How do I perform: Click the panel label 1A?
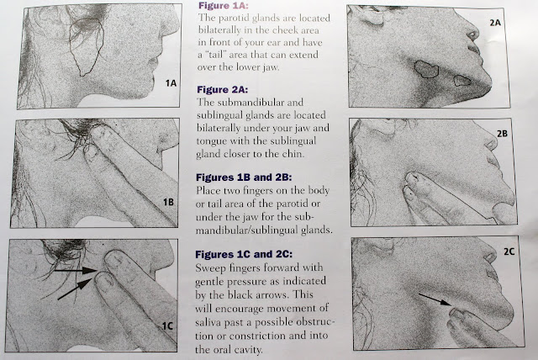coord(171,83)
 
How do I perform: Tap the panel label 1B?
coord(168,202)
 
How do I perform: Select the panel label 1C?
coord(167,326)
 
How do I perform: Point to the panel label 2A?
coord(495,23)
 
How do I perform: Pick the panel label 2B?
coord(503,134)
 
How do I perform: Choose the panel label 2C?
coord(509,251)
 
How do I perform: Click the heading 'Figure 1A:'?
coord(224,6)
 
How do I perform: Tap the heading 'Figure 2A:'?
coord(222,89)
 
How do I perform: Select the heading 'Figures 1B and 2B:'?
coord(244,177)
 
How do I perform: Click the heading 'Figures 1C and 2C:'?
coord(244,254)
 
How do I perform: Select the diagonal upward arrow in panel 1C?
coord(75,289)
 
